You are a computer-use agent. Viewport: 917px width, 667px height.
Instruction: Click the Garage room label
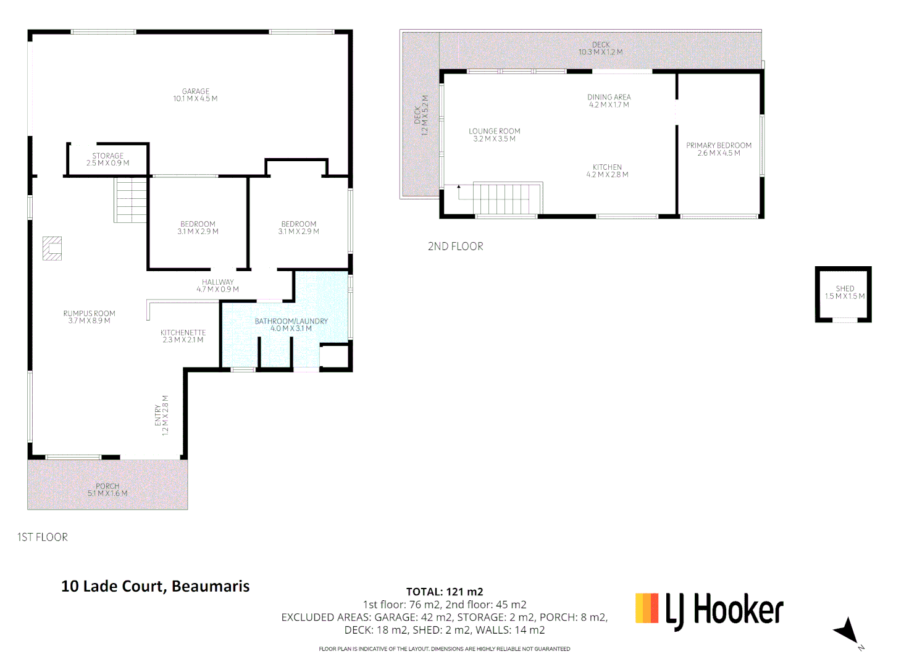(x=195, y=95)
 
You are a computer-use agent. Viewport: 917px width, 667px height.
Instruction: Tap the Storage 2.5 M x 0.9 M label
(x=107, y=159)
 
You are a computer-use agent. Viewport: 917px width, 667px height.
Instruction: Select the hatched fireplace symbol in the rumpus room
(x=52, y=248)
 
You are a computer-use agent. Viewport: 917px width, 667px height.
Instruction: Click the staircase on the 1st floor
(x=131, y=199)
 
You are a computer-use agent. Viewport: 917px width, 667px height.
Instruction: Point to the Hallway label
(x=217, y=285)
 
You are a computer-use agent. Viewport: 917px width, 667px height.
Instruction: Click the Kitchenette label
(x=183, y=336)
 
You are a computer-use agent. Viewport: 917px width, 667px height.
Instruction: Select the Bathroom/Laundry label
(x=291, y=325)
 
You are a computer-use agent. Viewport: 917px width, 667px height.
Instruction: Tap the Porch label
(x=107, y=490)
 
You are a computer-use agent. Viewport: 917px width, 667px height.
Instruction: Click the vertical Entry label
(x=161, y=415)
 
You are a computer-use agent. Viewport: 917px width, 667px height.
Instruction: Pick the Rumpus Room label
(x=89, y=317)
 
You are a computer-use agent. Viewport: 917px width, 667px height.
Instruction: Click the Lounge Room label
(x=494, y=135)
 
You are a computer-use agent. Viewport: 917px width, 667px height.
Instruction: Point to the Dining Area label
(x=609, y=101)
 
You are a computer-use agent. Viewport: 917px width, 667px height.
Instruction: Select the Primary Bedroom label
(x=719, y=149)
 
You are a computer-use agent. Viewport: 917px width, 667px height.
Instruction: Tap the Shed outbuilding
(x=844, y=294)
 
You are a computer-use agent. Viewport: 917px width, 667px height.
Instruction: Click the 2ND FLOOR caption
(x=455, y=246)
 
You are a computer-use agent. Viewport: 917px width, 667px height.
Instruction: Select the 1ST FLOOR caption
(x=43, y=537)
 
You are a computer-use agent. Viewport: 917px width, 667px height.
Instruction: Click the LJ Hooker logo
(x=710, y=610)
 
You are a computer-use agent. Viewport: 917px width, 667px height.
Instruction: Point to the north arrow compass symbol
(x=847, y=631)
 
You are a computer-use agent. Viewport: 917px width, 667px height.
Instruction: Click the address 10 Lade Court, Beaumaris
(x=156, y=586)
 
